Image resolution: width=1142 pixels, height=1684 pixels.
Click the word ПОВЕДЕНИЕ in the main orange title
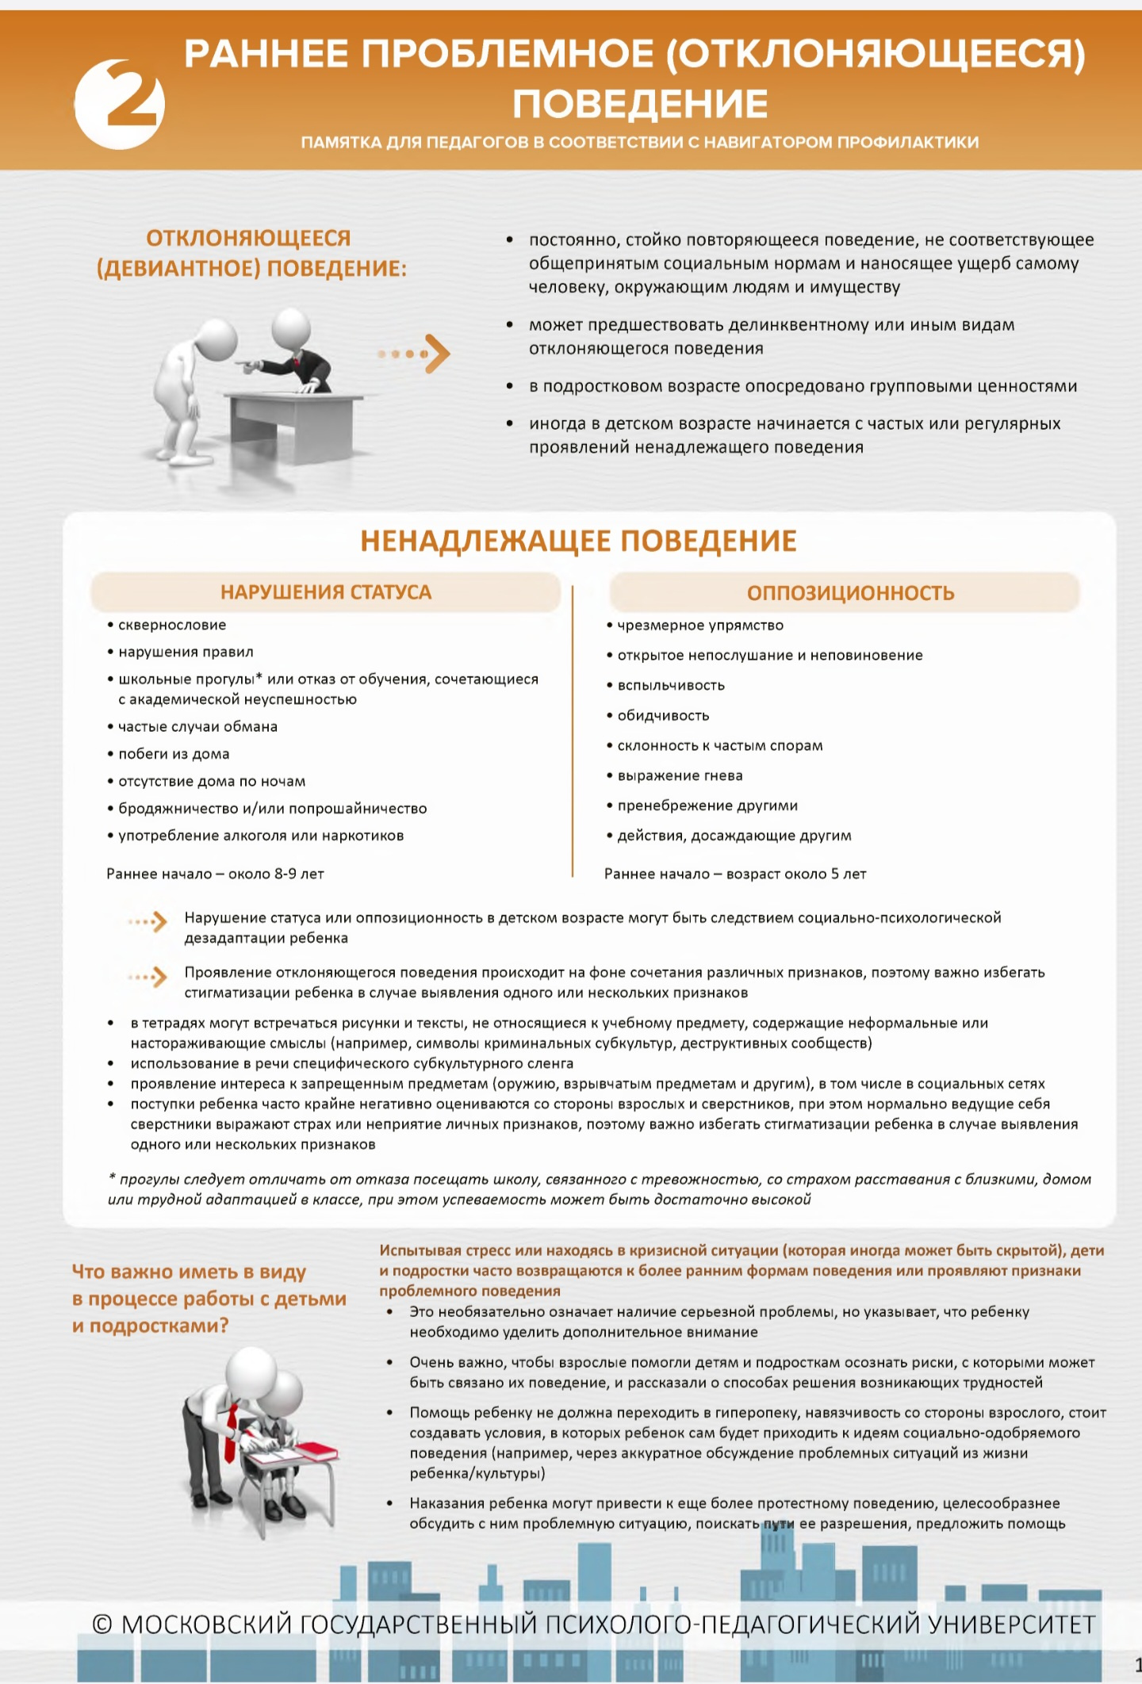point(639,104)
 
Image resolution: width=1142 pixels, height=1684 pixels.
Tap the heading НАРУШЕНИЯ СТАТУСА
point(325,592)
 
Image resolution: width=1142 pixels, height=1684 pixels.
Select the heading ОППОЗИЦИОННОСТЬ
point(849,593)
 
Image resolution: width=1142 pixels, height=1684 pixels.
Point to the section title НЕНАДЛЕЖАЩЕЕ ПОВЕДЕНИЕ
point(578,541)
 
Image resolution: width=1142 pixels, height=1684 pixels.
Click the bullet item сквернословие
point(172,625)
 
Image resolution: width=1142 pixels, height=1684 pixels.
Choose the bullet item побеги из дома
point(174,754)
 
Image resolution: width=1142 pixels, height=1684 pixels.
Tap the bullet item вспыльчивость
point(671,685)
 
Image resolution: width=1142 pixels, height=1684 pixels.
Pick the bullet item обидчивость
point(663,715)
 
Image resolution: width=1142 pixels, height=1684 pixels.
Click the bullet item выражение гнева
point(680,775)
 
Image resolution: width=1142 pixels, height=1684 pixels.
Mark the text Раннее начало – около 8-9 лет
point(215,874)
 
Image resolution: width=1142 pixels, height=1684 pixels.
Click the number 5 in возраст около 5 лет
point(834,874)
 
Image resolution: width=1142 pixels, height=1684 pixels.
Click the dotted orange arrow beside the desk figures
point(415,354)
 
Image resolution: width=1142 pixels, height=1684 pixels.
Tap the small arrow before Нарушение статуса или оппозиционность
point(148,921)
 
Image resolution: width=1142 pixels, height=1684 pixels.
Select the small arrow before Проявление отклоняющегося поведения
point(148,976)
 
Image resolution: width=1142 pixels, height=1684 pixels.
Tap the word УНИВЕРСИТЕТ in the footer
point(1011,1625)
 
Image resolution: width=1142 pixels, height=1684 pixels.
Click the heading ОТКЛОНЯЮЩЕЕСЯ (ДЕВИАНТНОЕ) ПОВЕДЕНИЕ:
point(251,253)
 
